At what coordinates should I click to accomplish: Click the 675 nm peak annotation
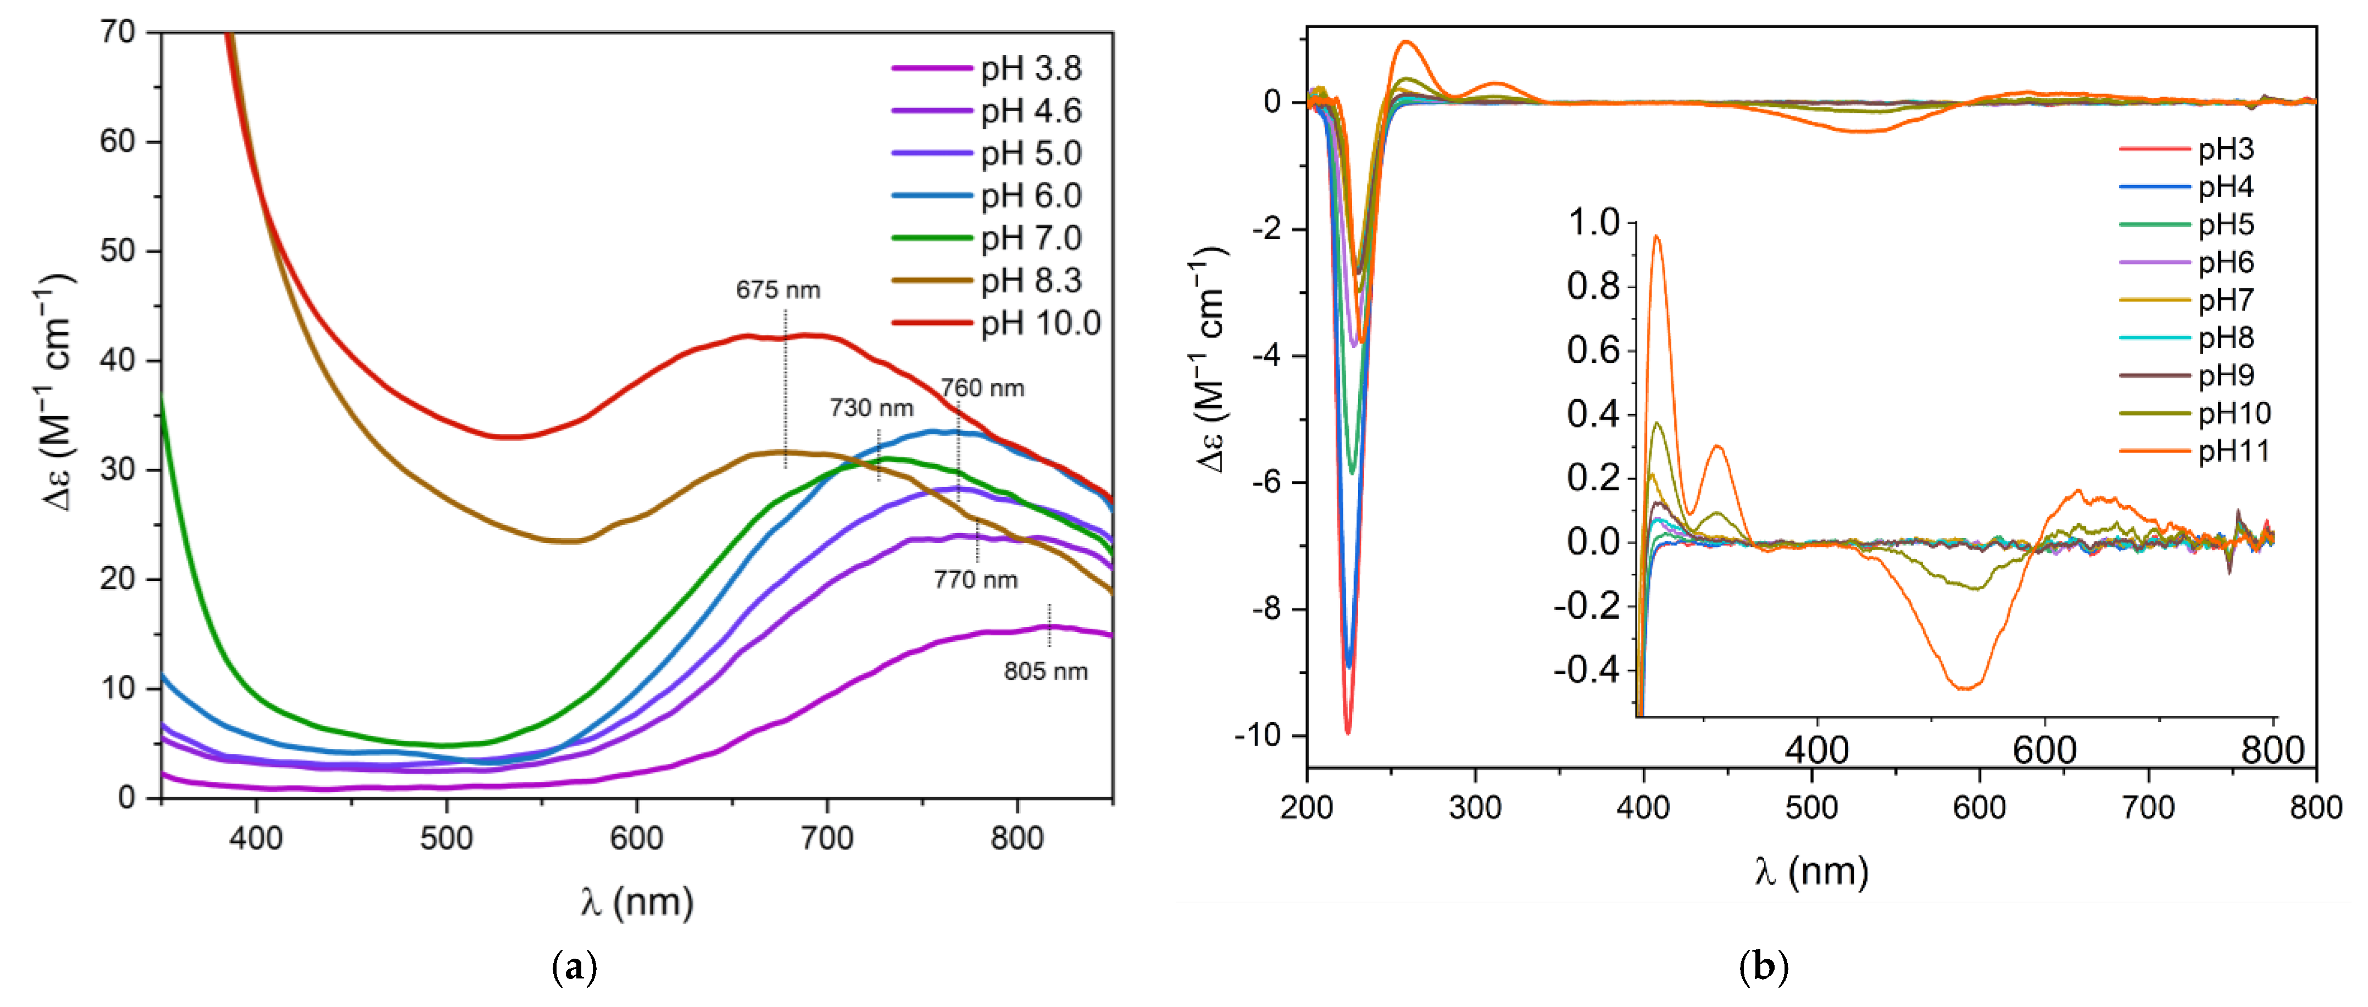[777, 290]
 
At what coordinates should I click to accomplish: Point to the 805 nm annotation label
[1045, 672]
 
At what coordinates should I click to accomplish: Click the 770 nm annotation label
[975, 580]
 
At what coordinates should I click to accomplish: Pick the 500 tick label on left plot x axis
[447, 838]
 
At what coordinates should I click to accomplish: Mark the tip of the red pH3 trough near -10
[1348, 732]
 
